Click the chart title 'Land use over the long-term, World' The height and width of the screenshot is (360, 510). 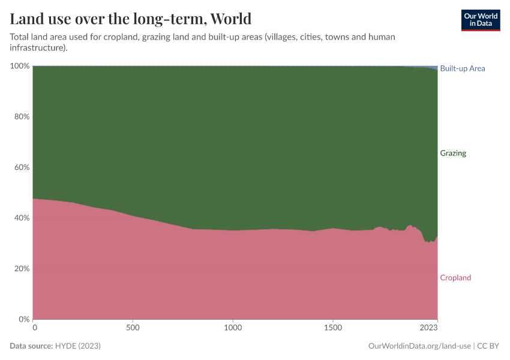coord(130,18)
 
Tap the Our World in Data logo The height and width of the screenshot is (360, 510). coord(480,20)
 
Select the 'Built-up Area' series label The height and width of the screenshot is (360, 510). coord(462,68)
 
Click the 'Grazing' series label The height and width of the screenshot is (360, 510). coord(453,153)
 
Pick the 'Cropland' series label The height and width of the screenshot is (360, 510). coord(455,278)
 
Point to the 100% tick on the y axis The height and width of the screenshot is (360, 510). coord(19,65)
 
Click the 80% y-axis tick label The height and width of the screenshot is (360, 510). coord(21,116)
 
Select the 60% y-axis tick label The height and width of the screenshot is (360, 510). coord(21,167)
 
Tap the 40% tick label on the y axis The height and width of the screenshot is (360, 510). coord(21,218)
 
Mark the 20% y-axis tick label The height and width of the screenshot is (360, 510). coord(21,268)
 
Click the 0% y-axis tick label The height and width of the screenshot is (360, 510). coord(23,319)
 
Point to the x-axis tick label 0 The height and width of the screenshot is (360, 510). coord(35,328)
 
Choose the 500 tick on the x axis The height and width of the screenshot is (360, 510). coord(133,328)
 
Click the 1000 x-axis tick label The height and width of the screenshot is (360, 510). coord(233,328)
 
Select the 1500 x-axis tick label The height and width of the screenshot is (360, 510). coord(333,328)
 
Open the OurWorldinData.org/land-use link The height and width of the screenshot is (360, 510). coord(418,346)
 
